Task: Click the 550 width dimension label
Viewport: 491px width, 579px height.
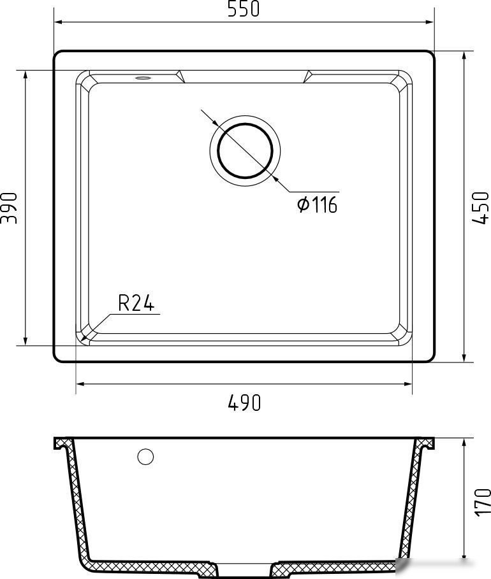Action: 244,9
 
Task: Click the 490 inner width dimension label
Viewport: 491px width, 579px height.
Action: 244,403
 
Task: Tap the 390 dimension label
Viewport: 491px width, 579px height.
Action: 9,208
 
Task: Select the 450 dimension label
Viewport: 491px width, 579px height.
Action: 480,208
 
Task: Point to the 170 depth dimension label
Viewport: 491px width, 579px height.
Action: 482,502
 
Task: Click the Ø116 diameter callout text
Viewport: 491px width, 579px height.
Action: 317,204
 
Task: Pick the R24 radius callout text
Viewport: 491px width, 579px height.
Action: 136,303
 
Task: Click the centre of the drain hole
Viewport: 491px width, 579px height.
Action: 245,151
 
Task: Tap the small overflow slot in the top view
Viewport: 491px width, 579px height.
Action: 143,78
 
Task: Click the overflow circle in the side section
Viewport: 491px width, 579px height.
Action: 145,457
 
